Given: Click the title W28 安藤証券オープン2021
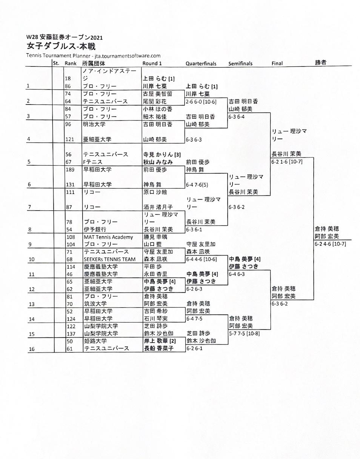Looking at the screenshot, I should click(x=64, y=37).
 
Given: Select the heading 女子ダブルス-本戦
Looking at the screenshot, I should click(x=61, y=46).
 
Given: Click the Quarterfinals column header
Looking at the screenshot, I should click(x=201, y=64).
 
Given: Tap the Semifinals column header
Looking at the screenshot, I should click(x=240, y=64).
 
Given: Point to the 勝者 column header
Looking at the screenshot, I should click(x=321, y=63).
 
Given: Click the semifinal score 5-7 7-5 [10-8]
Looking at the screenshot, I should click(x=244, y=333).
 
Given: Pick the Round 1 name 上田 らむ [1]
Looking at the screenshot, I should click(x=158, y=79).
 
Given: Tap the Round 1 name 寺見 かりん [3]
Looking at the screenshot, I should click(x=162, y=154).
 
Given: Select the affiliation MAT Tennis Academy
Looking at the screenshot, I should click(x=108, y=237).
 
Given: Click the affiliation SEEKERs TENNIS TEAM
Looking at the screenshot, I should click(x=109, y=259).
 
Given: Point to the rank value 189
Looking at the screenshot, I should click(x=70, y=169).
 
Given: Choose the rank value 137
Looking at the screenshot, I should click(x=71, y=333).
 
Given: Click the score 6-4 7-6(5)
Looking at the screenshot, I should click(x=197, y=185).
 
